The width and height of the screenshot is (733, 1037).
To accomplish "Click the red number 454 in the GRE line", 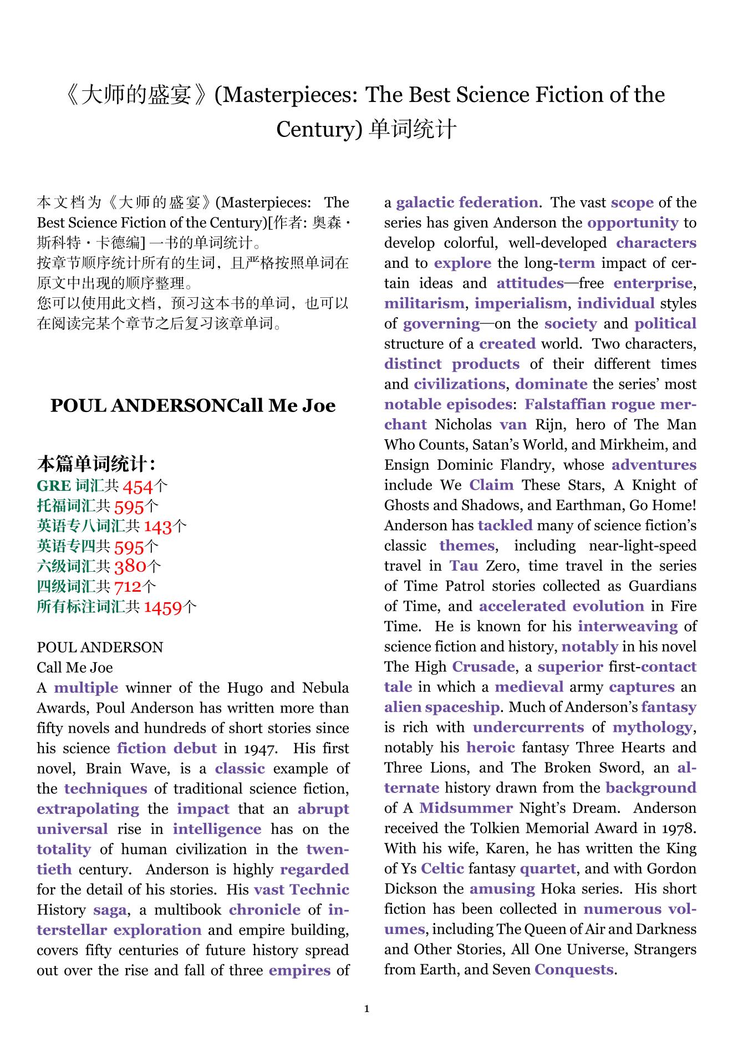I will (x=137, y=486).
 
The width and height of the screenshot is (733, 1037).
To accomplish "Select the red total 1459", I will (x=163, y=607).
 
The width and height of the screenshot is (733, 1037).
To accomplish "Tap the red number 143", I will (x=158, y=526).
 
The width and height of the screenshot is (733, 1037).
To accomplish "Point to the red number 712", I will (x=128, y=587).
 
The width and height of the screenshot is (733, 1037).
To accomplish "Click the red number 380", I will (x=130, y=566).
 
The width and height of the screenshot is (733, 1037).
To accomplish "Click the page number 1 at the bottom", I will (x=366, y=1008).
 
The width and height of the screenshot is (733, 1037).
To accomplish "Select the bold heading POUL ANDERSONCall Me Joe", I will (x=193, y=405).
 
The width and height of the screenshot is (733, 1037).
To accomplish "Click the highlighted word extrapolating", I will (x=88, y=809).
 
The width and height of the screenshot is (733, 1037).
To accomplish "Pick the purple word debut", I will (x=195, y=748).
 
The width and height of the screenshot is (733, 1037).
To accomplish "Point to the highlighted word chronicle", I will (x=264, y=909).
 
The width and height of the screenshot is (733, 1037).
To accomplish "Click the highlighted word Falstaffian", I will (x=565, y=404).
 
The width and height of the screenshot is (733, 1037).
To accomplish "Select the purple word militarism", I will (x=424, y=303).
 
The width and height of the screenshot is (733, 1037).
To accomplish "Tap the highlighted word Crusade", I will (x=483, y=667).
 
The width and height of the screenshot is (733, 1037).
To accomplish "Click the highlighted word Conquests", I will (x=574, y=969).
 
